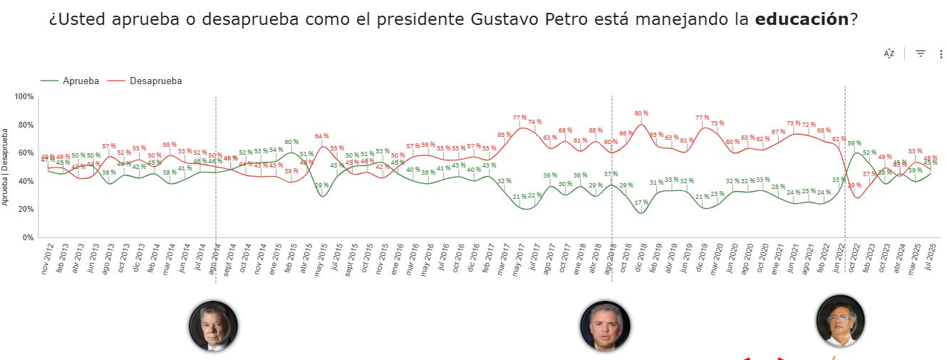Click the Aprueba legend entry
(81, 81)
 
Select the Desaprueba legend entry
(155, 81)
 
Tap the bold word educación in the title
(802, 19)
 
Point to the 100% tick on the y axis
(24, 96)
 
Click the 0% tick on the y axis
(27, 237)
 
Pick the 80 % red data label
(641, 113)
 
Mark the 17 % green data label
(641, 202)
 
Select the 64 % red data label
(322, 136)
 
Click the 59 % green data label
(854, 143)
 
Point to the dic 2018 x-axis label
(641, 259)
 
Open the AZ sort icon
(889, 53)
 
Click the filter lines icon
(921, 53)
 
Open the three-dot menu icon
(941, 53)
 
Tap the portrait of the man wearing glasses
(841, 321)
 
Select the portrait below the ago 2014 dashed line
(213, 326)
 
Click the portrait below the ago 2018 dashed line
(605, 326)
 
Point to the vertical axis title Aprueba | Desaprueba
(6, 167)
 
